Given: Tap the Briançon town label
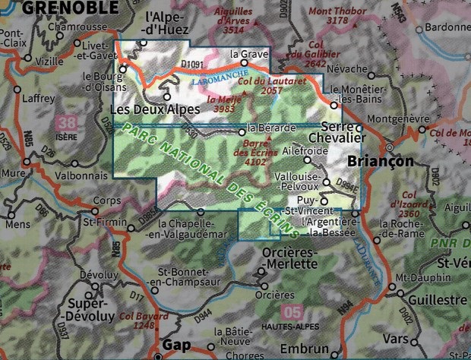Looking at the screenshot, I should pos(380,162).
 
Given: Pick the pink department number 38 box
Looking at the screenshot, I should pos(67,123).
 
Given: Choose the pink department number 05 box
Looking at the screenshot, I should pos(291,312).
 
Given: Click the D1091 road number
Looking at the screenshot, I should pos(195,64).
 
